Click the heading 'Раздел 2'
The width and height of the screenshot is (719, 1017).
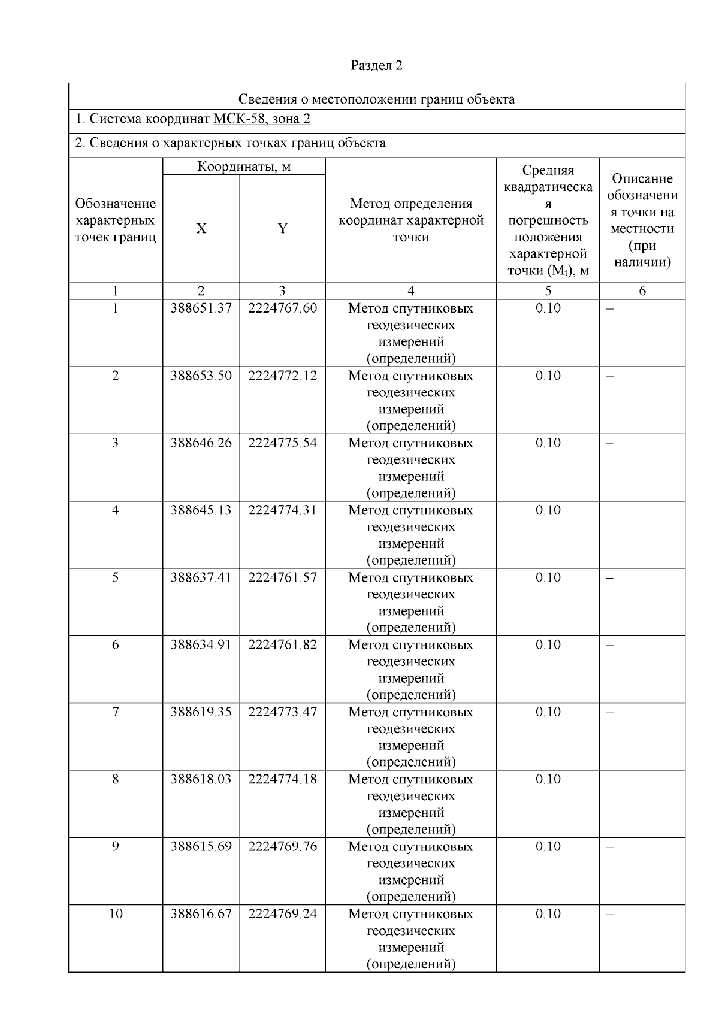[x=376, y=66]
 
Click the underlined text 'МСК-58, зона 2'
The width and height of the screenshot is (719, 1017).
[x=262, y=119]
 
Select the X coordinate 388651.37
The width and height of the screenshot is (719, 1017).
[x=201, y=308]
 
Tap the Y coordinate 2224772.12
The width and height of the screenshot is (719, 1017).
[x=282, y=376]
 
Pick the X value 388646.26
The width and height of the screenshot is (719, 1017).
[x=201, y=443]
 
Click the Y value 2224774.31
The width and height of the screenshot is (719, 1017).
[x=282, y=510]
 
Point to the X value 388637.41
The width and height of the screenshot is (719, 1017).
[x=201, y=577]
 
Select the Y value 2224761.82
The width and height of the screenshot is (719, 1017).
[x=282, y=644]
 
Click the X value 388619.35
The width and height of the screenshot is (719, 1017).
[x=201, y=712]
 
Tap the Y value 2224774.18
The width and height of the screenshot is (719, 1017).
[x=282, y=779]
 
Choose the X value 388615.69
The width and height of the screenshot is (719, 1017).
[x=201, y=846]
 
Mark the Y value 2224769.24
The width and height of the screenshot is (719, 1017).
[x=282, y=913]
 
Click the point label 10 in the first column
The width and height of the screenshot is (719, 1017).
[x=116, y=913]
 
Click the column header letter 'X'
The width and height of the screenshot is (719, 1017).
[x=201, y=229]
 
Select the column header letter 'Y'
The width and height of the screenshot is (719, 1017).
[x=282, y=229]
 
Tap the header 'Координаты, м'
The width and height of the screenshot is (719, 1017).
[x=244, y=167]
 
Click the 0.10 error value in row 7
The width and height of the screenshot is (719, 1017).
[x=548, y=712]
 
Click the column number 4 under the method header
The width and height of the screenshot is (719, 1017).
[x=411, y=291]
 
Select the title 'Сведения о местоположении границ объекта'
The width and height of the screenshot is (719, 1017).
[x=376, y=99]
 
